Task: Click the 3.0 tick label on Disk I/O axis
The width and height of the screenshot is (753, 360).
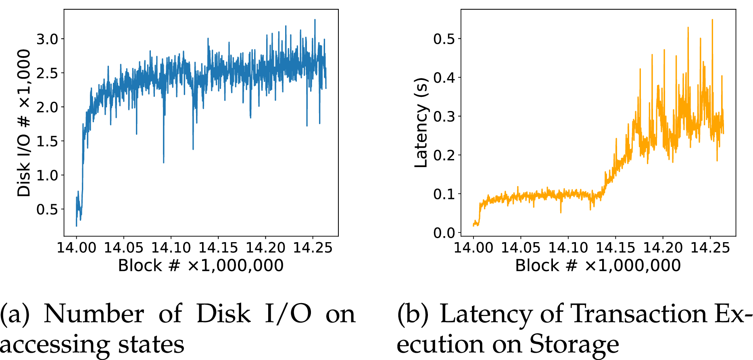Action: (47, 39)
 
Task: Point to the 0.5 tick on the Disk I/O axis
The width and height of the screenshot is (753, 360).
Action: (47, 209)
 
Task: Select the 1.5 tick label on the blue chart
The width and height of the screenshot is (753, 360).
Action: (47, 141)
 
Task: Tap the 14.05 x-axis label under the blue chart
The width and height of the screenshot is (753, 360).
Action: (123, 247)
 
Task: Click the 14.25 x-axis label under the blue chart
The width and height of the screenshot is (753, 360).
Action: (313, 247)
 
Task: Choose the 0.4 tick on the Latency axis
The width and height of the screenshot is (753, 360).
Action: (444, 77)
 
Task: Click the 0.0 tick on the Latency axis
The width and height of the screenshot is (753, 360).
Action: (444, 233)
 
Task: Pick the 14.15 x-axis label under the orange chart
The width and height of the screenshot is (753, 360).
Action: (615, 247)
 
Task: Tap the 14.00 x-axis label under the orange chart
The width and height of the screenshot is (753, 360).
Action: (473, 247)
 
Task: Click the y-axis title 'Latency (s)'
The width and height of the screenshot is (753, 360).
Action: (421, 123)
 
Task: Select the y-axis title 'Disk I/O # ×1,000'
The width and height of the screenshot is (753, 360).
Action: (24, 123)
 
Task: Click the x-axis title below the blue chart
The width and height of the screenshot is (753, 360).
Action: (201, 266)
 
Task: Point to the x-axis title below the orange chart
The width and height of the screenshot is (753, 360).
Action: (598, 266)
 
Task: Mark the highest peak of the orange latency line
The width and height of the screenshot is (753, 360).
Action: (712, 20)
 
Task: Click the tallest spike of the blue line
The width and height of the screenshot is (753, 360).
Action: (315, 20)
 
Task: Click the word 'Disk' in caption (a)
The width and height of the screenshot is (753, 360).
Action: (223, 314)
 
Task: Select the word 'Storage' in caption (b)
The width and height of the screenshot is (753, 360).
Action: (574, 344)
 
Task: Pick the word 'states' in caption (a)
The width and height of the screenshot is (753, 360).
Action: (151, 344)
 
